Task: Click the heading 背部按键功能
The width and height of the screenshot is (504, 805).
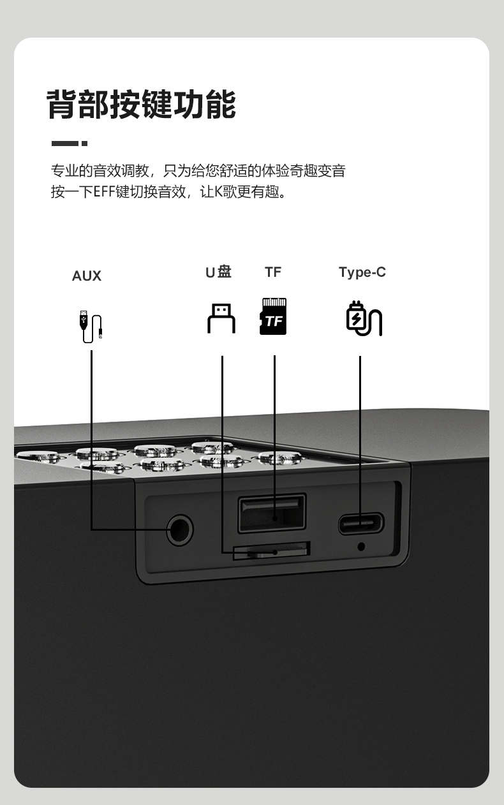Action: [x=142, y=105]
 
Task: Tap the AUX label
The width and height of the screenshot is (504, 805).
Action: [x=87, y=276]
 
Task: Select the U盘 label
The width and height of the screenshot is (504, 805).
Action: [x=218, y=272]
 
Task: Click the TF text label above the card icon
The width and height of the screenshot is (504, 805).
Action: [x=273, y=272]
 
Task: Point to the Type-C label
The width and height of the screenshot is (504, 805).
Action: [x=362, y=272]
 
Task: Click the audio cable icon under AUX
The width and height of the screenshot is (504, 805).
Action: [x=90, y=326]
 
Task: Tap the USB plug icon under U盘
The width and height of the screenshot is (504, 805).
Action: [x=221, y=318]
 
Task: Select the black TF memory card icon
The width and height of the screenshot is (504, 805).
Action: [x=273, y=316]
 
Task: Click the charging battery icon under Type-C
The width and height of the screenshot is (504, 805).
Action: [x=363, y=318]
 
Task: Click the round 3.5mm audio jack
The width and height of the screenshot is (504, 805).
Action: [x=180, y=530]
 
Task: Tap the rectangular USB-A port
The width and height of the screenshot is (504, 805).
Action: [x=272, y=512]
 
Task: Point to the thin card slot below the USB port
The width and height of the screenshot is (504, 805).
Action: [x=271, y=550]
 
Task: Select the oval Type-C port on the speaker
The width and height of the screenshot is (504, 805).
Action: [x=360, y=524]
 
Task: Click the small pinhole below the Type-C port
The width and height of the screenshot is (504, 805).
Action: [x=362, y=546]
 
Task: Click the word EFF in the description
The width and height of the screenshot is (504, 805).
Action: [x=104, y=192]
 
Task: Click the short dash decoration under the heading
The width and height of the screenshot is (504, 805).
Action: [x=69, y=144]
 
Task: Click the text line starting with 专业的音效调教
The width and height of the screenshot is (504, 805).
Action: [x=198, y=171]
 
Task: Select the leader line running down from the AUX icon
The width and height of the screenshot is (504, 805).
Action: [x=91, y=434]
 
